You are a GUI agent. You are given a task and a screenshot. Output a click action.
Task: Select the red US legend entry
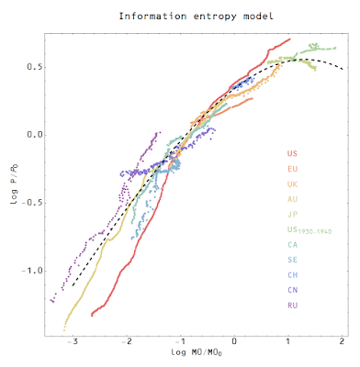coord(293,154)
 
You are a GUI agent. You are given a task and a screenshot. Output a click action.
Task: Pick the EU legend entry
coord(293,169)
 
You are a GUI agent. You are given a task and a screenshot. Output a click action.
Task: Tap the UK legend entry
coord(293,184)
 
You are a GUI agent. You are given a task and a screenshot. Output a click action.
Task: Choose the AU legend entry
coord(293,199)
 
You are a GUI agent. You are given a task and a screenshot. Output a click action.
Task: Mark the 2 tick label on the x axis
coord(341,341)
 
